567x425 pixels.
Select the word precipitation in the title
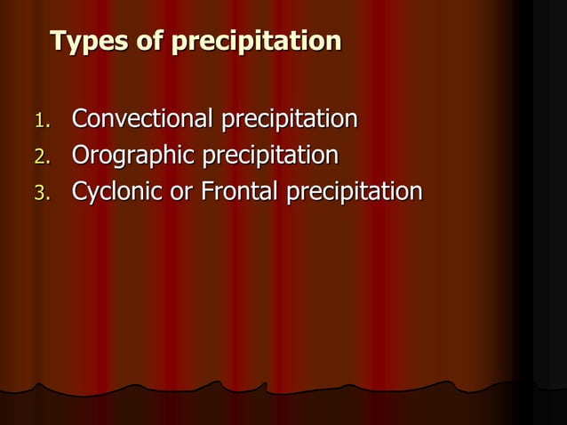pos(256,42)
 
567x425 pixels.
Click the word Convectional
pos(142,118)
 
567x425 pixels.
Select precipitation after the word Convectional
pos(289,119)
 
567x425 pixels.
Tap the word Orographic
pos(133,156)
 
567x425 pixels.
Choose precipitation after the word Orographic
pos(270,156)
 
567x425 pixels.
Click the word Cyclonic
pos(118,193)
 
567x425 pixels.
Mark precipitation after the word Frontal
pos(354,193)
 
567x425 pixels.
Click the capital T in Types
pos(59,41)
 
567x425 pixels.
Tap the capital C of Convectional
pos(80,118)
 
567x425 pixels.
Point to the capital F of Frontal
pos(205,192)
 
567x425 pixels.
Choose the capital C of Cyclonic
pos(80,192)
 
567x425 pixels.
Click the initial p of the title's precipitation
pos(178,44)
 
